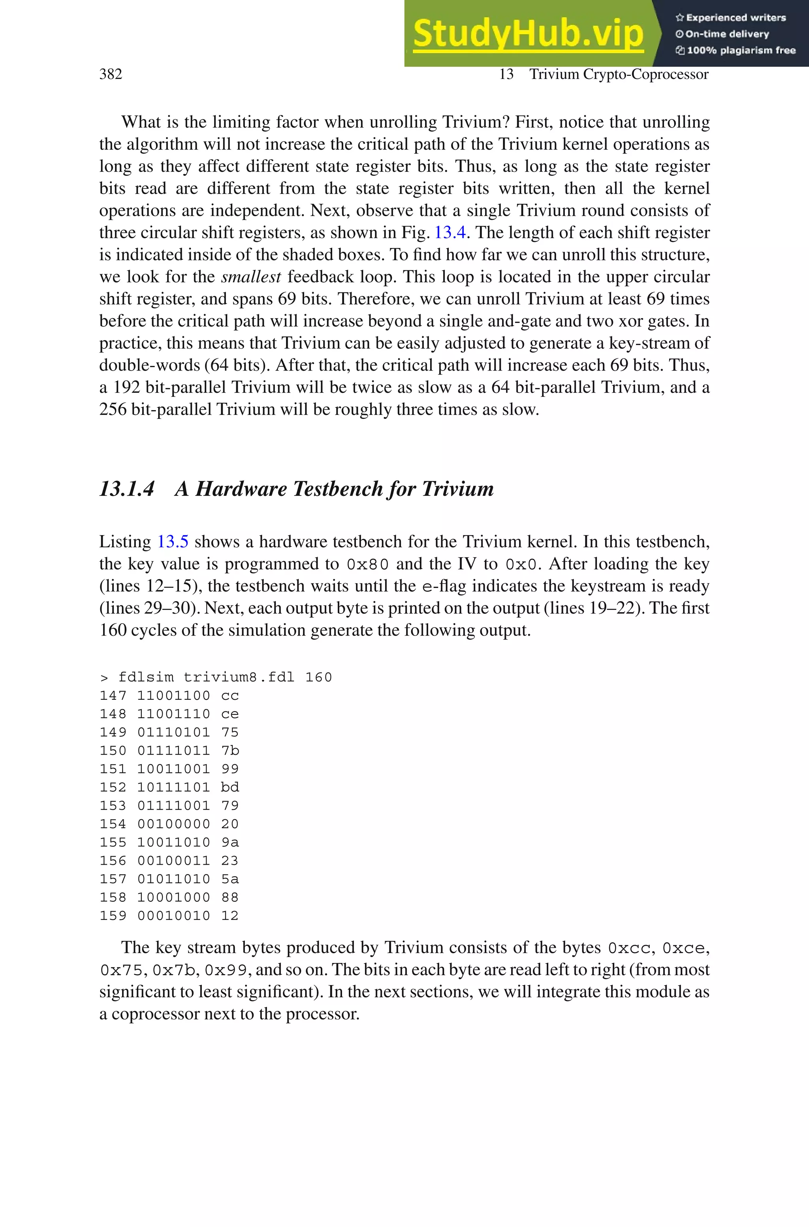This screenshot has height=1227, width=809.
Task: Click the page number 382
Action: [x=111, y=74]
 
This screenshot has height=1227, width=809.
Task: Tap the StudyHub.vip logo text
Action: [x=528, y=34]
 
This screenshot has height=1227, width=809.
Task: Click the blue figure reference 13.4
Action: [x=450, y=233]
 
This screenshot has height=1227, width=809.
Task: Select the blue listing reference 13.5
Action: [x=172, y=542]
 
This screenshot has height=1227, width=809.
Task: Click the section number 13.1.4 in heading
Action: [x=126, y=489]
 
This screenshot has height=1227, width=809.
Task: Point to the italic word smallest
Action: [x=251, y=277]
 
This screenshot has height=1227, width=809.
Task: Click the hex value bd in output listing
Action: [x=230, y=788]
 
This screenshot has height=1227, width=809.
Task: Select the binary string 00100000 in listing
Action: [x=173, y=824]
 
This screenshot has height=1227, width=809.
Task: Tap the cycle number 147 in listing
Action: [x=113, y=695]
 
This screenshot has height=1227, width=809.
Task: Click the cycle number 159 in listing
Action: [x=113, y=916]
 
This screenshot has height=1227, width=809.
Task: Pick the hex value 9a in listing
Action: [x=230, y=843]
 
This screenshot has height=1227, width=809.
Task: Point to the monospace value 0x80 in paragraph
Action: [x=367, y=564]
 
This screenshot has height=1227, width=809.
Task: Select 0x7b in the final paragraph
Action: [x=173, y=971]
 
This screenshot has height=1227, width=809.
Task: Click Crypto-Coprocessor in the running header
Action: [x=645, y=74]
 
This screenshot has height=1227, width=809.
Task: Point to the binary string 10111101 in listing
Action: [x=173, y=788]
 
